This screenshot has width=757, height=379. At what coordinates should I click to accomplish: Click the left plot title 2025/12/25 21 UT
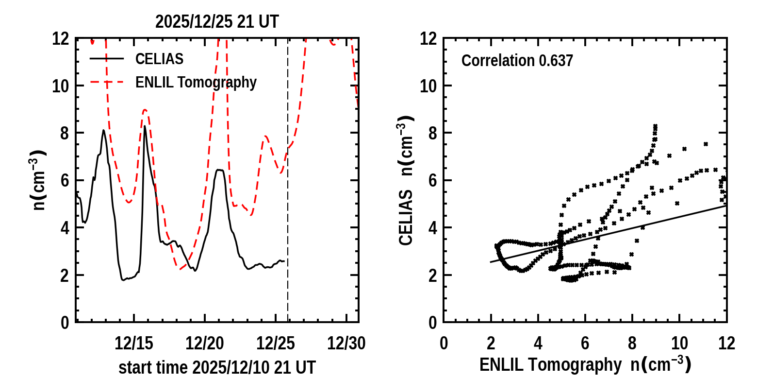coord(217,22)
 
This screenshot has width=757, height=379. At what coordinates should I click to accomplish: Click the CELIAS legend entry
coord(159,59)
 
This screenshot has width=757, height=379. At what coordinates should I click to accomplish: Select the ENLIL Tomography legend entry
coord(196,83)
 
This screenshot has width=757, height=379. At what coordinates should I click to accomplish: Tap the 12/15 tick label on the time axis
coord(134,344)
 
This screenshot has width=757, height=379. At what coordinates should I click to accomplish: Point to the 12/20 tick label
coord(205,344)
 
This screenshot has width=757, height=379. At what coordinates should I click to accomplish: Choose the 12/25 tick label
coord(276,344)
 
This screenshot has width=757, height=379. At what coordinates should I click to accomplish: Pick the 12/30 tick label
coord(346,344)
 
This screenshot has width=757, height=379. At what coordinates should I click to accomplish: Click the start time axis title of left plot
coord(217,367)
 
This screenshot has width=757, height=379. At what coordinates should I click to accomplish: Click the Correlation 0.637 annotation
coord(517,61)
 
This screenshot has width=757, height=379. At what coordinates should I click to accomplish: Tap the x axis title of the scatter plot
coord(585,364)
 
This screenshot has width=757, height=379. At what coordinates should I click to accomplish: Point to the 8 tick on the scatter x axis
coord(632,344)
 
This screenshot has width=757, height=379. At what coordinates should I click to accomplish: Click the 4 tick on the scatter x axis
coord(538,344)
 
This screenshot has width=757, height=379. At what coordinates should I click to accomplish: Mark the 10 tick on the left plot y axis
coord(60,86)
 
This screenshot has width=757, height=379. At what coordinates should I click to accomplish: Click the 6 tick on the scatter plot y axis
coord(433,180)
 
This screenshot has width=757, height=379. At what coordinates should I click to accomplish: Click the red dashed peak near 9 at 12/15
coord(145,110)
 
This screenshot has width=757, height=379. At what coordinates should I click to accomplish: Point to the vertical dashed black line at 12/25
coord(288,243)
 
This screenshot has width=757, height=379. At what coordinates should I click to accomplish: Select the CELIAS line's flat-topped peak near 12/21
coord(220,170)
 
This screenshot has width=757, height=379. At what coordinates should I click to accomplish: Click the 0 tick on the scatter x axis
coord(444,344)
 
